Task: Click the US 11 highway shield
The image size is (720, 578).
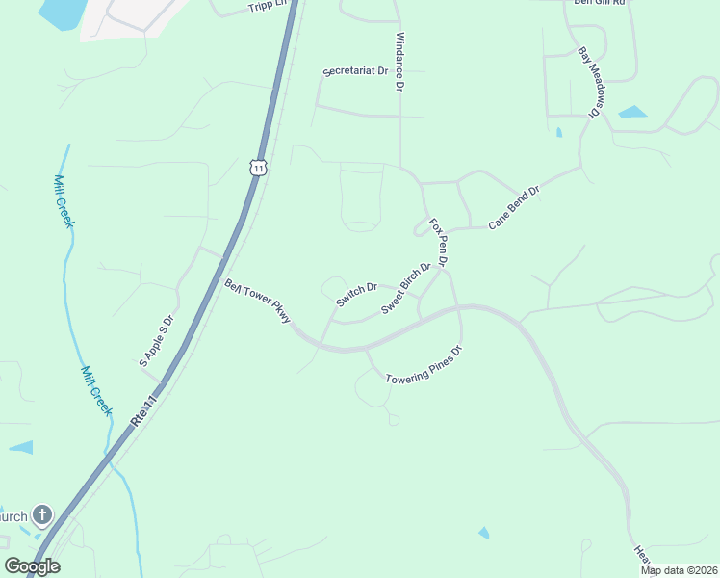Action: point(257,167)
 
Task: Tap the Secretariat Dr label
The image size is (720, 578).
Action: point(355,71)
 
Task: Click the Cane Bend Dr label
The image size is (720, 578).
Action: point(514,207)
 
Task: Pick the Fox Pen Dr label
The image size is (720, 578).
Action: point(439,242)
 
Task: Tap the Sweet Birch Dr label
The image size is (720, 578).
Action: point(405,289)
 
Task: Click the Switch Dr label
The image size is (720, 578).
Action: point(355,294)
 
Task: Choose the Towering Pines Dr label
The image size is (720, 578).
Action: point(424,366)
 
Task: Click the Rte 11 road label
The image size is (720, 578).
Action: point(144,404)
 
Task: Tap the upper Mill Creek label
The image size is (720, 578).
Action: point(64,201)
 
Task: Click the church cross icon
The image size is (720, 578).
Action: point(42,515)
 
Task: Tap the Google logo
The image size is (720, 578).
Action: point(32,566)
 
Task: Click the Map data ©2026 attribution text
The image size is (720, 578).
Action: point(679,570)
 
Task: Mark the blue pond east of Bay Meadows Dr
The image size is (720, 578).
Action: point(632,112)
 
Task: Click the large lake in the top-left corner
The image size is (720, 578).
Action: point(60,12)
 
